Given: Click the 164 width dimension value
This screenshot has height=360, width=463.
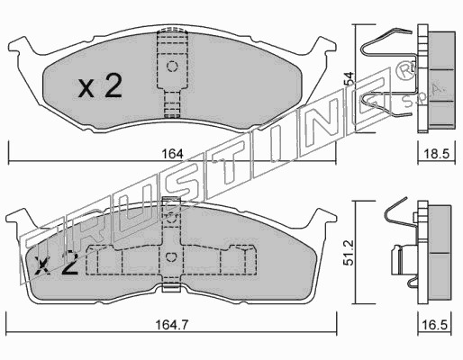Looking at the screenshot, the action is click(172, 154).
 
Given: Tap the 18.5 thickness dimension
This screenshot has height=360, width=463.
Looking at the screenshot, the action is click(437, 154).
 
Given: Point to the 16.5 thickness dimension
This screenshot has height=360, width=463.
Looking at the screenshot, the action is click(434, 325).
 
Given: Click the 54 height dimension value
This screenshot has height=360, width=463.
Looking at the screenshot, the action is click(350, 79).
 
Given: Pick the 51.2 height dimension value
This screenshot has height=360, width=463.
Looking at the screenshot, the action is click(349, 253).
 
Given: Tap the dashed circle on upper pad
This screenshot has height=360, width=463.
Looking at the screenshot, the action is click(172, 66).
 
